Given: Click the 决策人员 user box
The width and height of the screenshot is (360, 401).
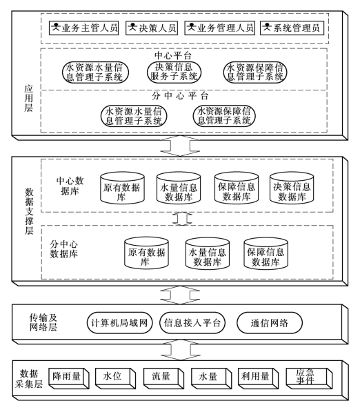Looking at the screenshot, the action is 152,28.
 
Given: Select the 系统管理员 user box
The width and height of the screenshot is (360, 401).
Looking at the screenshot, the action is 292,28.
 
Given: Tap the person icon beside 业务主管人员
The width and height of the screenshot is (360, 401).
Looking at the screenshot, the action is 56,27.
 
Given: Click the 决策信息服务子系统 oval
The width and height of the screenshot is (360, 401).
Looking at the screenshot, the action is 174,72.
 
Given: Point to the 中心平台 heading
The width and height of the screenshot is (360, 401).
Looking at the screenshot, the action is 173,55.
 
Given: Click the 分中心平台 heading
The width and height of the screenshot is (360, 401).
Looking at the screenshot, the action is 180,96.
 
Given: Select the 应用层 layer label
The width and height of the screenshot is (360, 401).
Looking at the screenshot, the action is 28,99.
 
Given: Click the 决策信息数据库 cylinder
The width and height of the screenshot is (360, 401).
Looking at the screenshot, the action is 292,188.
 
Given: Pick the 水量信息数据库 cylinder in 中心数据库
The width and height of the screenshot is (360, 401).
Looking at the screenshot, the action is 179,188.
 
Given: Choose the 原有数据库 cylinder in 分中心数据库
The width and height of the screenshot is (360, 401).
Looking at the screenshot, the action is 146,253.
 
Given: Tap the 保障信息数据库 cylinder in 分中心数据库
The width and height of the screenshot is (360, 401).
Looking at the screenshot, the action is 266,253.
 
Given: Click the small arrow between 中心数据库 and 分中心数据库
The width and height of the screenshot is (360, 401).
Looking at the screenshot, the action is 182,219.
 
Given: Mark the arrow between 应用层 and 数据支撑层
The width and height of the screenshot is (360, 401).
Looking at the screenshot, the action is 180,146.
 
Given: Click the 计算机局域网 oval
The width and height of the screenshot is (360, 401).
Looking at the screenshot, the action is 119,323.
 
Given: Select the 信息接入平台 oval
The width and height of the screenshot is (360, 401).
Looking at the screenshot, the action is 192,323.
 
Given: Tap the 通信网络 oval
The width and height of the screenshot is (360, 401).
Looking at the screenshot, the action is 270,323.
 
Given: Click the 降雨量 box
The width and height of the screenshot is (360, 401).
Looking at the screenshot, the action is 68,378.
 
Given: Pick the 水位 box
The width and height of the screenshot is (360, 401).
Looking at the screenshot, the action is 115,378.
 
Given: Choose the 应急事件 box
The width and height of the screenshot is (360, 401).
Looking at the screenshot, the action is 309,378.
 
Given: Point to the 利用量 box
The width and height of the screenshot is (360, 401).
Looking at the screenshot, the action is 258,378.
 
